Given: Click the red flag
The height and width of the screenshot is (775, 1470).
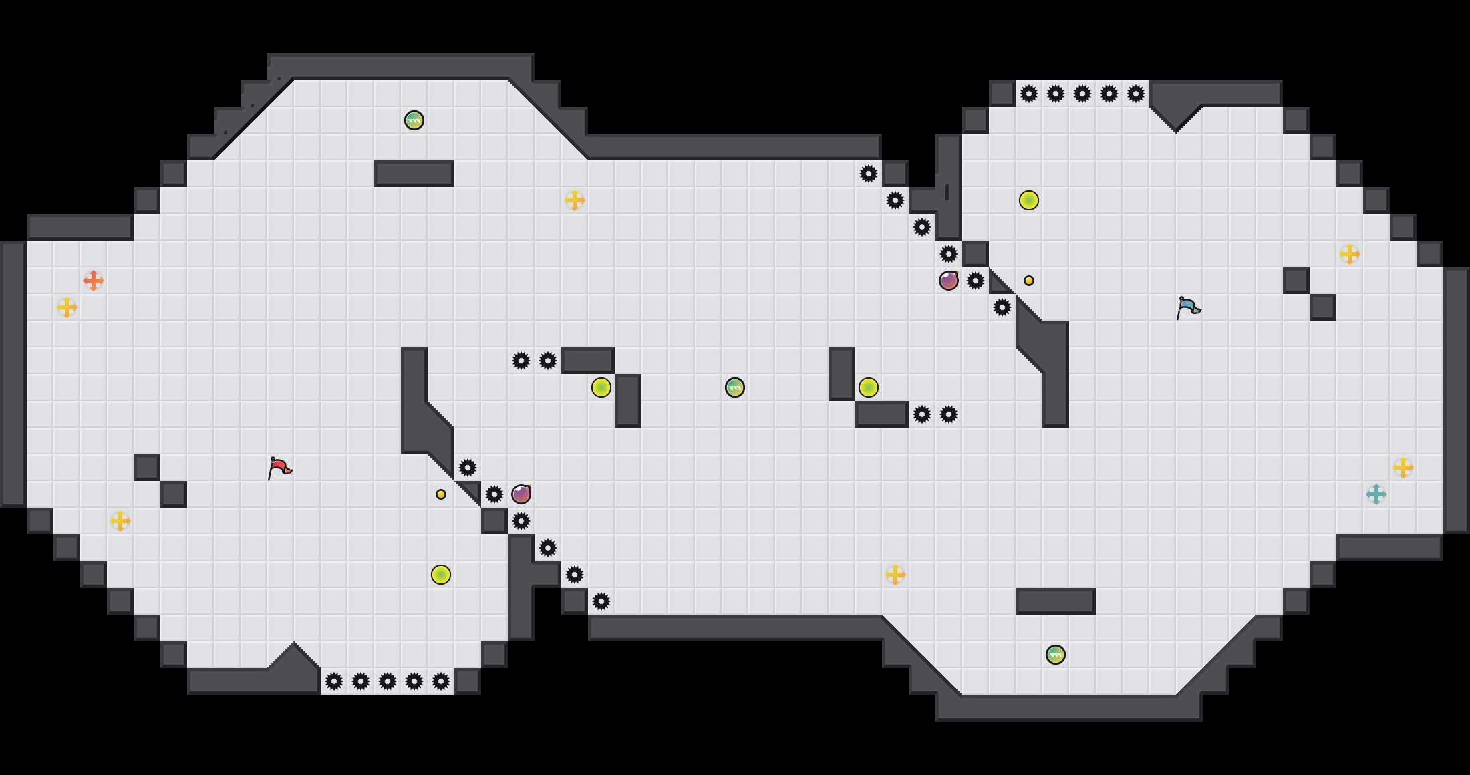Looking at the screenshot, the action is pos(279,468).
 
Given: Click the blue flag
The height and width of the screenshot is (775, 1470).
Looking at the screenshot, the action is pos(1188,307).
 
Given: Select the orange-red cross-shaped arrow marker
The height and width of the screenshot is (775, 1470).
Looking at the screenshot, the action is pos(94,281).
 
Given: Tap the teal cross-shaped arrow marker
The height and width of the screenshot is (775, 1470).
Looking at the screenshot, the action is pos(1376,494).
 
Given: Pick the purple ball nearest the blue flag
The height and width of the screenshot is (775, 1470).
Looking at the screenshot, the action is pos(949,281).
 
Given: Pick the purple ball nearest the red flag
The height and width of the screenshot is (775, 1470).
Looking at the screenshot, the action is pos(521,494).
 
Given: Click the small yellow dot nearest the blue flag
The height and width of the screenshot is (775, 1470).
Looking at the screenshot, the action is pos(1029,281).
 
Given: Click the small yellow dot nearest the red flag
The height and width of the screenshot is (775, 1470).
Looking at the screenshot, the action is pos(441,494).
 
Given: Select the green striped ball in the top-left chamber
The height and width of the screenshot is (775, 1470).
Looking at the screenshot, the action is pos(414,120).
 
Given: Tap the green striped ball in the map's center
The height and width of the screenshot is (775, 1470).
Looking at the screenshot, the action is pos(735,387).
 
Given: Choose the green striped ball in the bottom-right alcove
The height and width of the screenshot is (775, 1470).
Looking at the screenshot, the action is pos(1056,655).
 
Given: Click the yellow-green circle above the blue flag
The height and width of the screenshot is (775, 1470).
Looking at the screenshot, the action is pos(1029,200).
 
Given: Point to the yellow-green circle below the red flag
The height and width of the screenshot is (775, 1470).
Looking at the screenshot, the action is pos(441,575).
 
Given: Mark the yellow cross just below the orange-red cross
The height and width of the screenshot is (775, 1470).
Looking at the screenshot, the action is pos(67,307).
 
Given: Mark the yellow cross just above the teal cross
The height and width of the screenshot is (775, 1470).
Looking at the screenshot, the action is pos(1403,468).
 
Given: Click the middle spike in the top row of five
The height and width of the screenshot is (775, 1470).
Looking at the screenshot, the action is pos(1082,94).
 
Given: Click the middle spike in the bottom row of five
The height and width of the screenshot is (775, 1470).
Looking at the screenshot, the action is pos(388,681).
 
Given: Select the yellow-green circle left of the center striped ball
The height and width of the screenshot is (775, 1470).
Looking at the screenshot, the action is pos(601,387).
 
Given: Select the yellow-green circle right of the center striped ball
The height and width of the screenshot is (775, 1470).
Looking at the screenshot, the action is pos(869,387).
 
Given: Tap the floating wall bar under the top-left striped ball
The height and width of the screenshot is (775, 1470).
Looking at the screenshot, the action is pos(414,174).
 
